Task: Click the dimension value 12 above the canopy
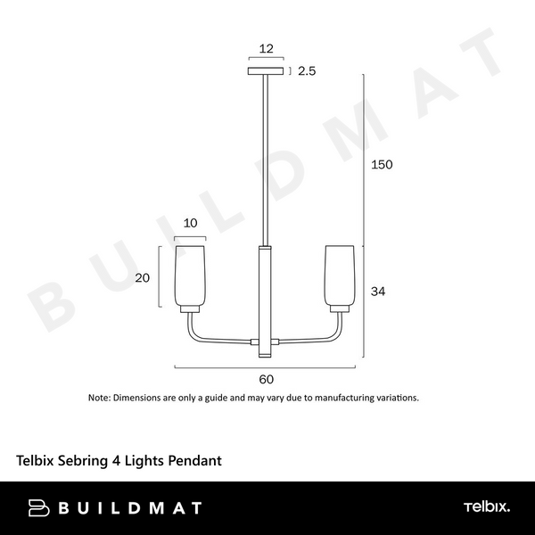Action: tap(265, 50)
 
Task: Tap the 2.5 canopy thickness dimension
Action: tap(308, 70)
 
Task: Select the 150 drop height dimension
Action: tap(382, 165)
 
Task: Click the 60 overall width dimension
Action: tap(266, 379)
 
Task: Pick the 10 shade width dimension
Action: tap(190, 224)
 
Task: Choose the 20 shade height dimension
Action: tap(143, 277)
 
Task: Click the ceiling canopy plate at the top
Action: tap(266, 70)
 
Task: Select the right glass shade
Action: tap(340, 275)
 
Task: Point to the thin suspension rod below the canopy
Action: tap(265, 160)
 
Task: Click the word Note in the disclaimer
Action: tap(98, 398)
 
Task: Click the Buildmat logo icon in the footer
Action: tap(39, 508)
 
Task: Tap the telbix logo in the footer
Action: tap(487, 507)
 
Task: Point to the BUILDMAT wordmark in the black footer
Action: tap(129, 508)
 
